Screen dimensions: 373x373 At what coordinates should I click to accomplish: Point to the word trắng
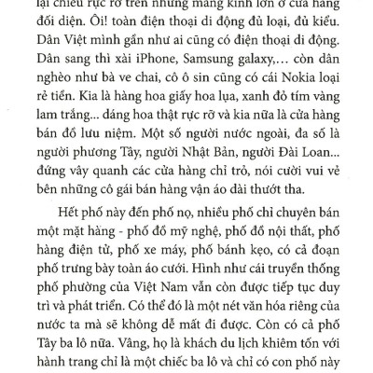point(66,122)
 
